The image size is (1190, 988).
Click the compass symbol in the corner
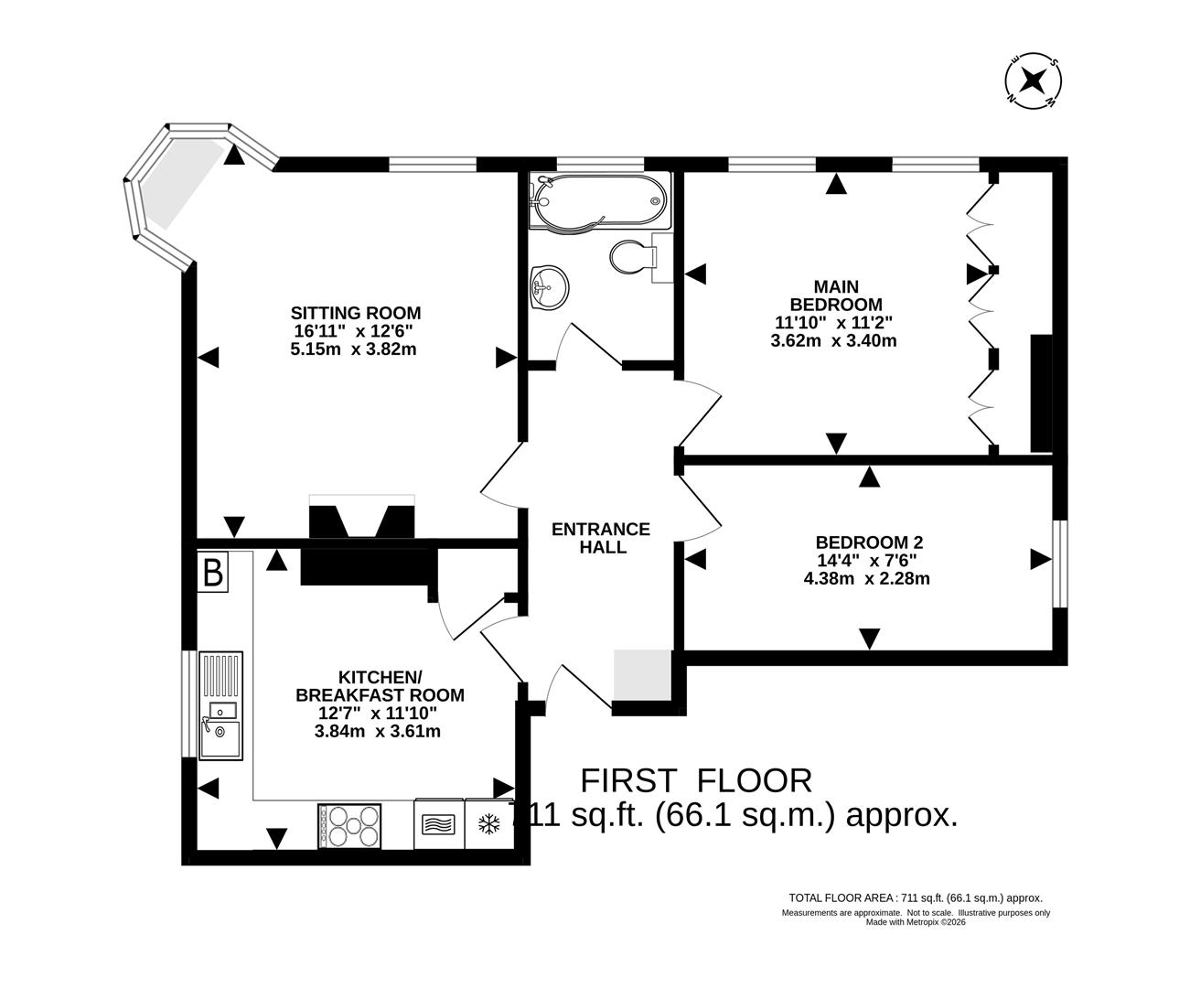click(x=1033, y=81)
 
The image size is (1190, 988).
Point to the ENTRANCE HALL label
click(x=601, y=538)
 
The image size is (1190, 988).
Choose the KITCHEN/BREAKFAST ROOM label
click(x=380, y=685)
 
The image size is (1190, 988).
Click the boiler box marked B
click(x=212, y=574)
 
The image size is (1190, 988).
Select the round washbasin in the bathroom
click(x=548, y=287)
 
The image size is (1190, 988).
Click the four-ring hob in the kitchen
click(x=349, y=824)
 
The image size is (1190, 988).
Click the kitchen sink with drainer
click(x=220, y=704)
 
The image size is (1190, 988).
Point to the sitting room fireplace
click(x=362, y=520)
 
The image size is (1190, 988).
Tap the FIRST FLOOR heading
click(x=697, y=780)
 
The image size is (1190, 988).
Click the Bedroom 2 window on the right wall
click(x=1058, y=564)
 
